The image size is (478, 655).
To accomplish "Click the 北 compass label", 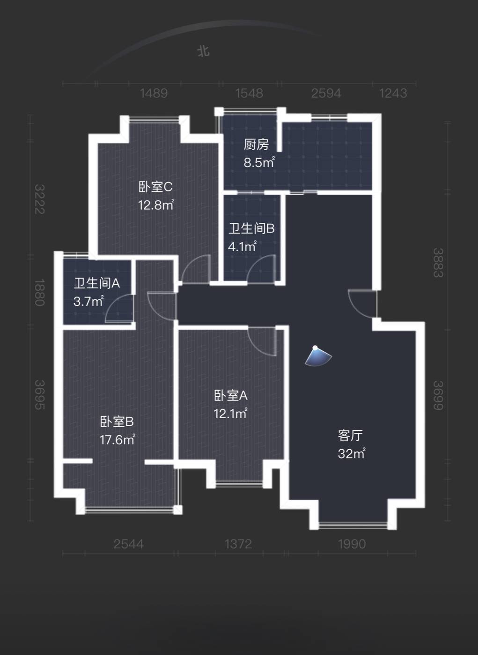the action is coord(203,51).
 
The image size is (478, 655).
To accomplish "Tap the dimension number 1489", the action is coord(154,93).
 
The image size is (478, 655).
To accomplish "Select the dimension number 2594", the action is coord(326,93).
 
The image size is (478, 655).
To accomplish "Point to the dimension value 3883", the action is coord(438,262).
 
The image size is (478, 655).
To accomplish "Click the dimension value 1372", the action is coord(238,544).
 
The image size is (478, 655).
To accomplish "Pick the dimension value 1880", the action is coord(40,292).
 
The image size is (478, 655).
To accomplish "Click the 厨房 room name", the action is coord(256,145).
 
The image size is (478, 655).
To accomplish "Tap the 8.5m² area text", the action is coord(259,162).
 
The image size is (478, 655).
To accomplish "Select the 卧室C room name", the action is coord(155,187).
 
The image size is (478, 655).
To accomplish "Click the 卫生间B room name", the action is coord(251,228).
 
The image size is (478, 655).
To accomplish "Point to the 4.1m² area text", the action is coord(243,247).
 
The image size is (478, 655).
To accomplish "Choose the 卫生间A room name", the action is coord(97,283).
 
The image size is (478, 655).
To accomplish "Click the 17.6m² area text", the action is coord(118,440).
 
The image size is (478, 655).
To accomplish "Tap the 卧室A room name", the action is coord(231,396).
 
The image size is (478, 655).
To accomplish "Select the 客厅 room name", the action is coord(350,436).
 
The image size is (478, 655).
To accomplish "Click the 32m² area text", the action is coord(352,453).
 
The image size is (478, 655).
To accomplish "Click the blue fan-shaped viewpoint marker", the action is coord(318,356).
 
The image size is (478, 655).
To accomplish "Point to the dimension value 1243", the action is coord(393,93).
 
